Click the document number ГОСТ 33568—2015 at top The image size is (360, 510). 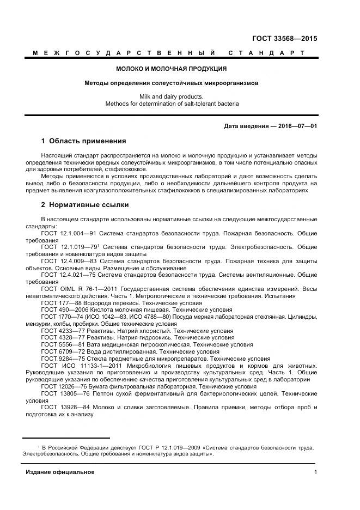click(x=285, y=39)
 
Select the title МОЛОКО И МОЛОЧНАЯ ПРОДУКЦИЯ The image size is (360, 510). click(x=172, y=69)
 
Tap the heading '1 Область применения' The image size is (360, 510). click(x=83, y=141)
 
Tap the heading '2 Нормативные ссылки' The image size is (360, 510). click(x=85, y=205)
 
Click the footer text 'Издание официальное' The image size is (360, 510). click(x=60, y=472)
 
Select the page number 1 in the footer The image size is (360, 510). click(x=315, y=472)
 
